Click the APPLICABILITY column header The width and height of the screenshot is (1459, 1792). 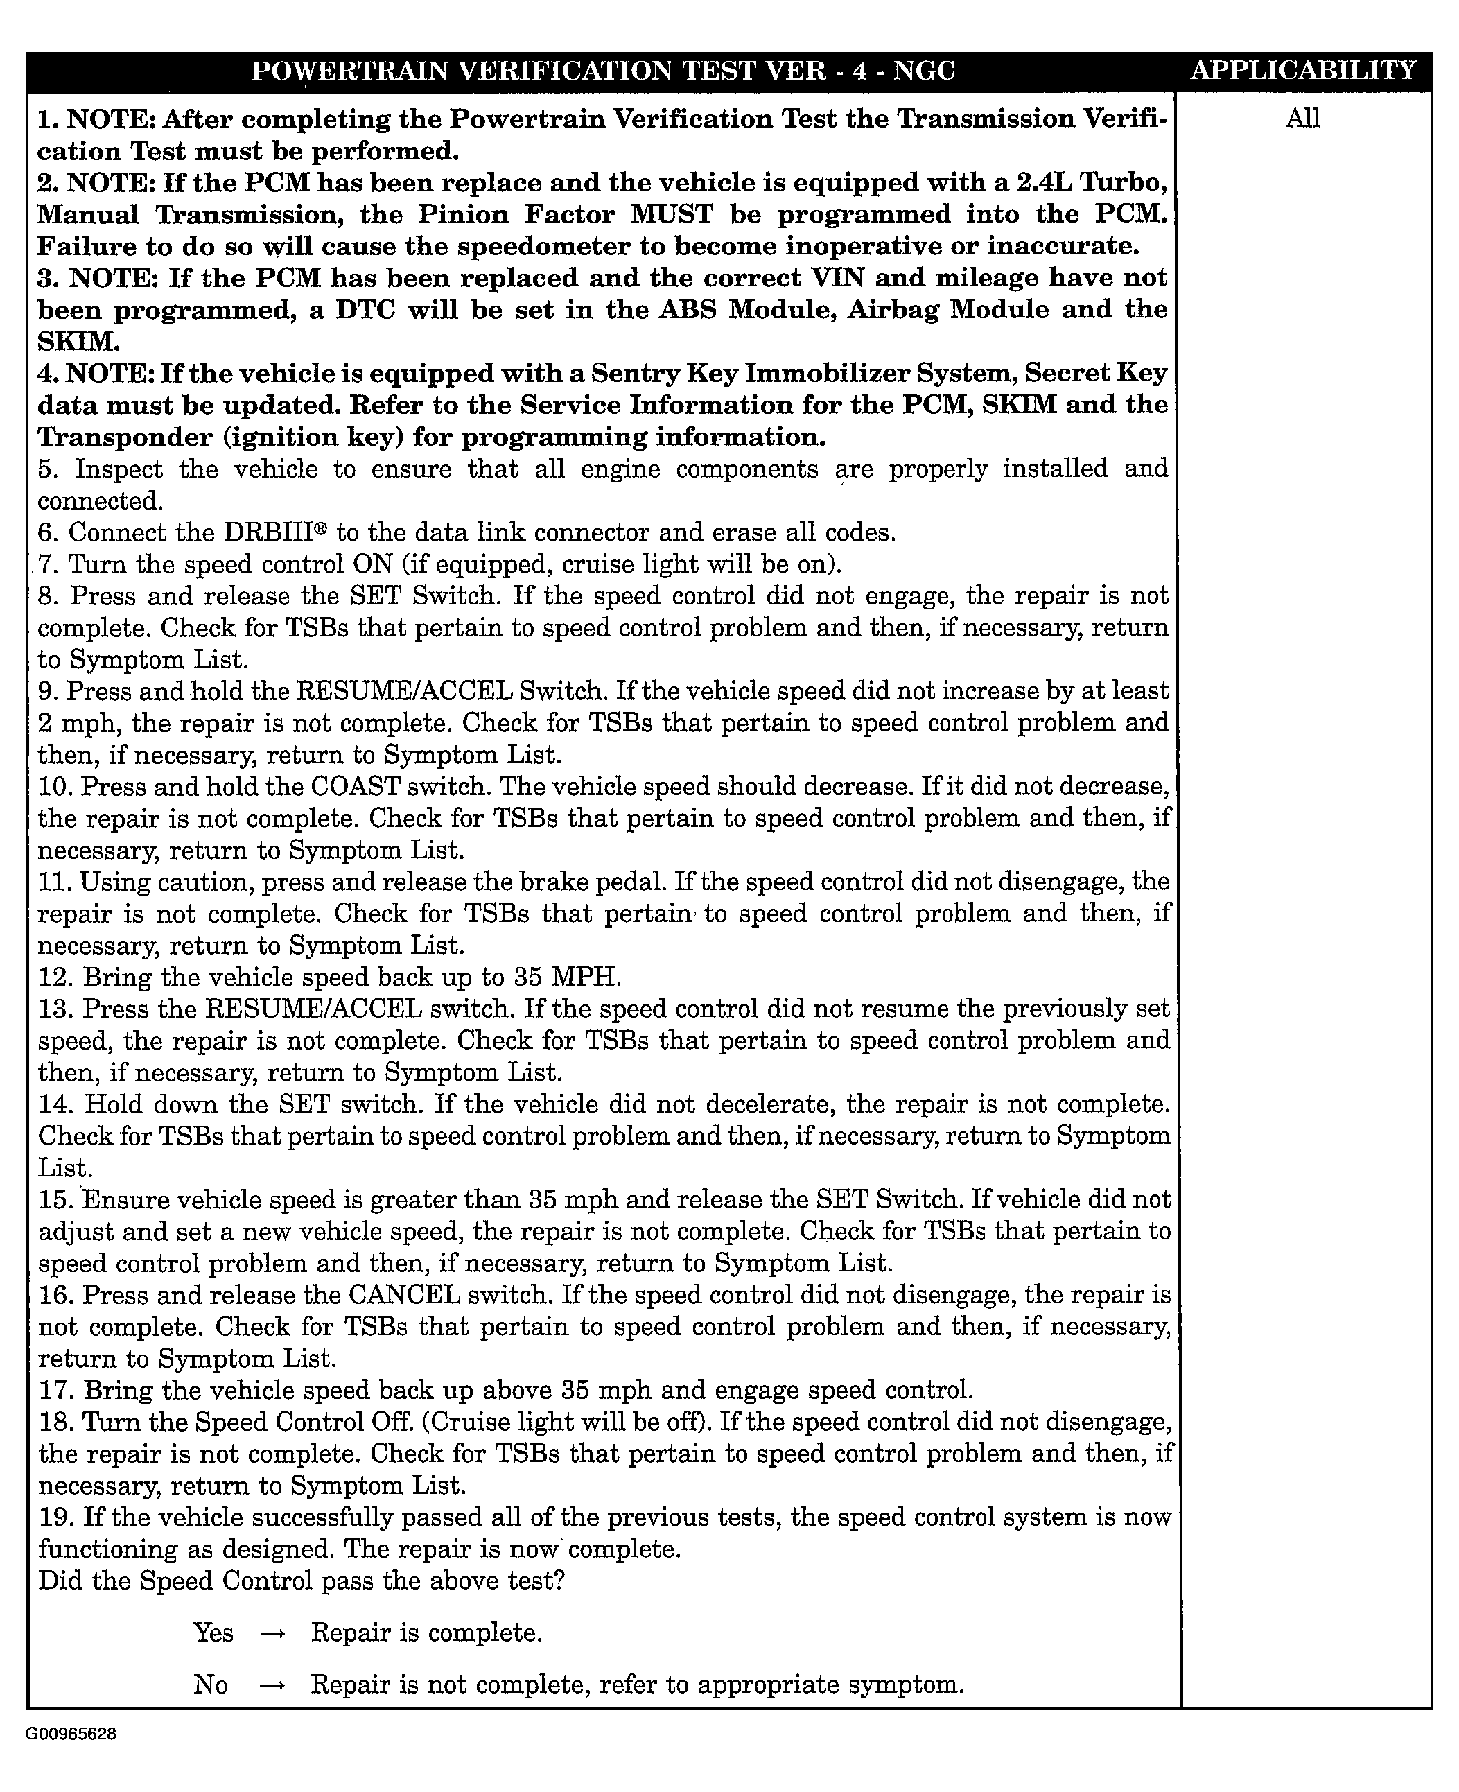point(1304,71)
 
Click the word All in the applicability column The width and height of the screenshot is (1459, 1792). point(1302,119)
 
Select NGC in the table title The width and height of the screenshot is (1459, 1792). point(924,71)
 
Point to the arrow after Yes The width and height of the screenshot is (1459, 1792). point(272,1633)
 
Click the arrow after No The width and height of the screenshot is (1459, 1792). point(272,1685)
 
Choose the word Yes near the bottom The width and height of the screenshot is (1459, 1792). point(213,1633)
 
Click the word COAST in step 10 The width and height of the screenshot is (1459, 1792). point(355,788)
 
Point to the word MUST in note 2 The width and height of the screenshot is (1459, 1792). point(672,214)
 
